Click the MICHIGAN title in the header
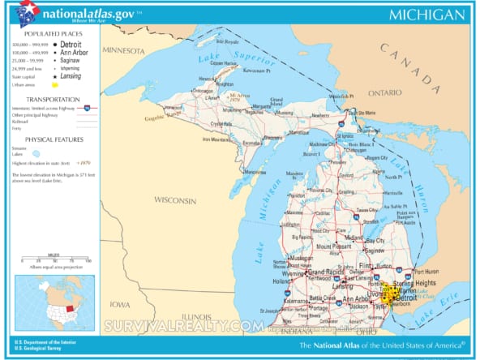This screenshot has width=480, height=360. click(x=426, y=15)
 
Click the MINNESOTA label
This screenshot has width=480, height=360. click(x=123, y=49)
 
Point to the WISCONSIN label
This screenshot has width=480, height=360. click(x=175, y=199)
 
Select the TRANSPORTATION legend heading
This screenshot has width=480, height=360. click(x=50, y=99)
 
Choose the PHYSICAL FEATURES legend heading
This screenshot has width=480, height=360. click(x=50, y=139)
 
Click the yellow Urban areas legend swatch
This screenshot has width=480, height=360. click(x=54, y=84)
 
